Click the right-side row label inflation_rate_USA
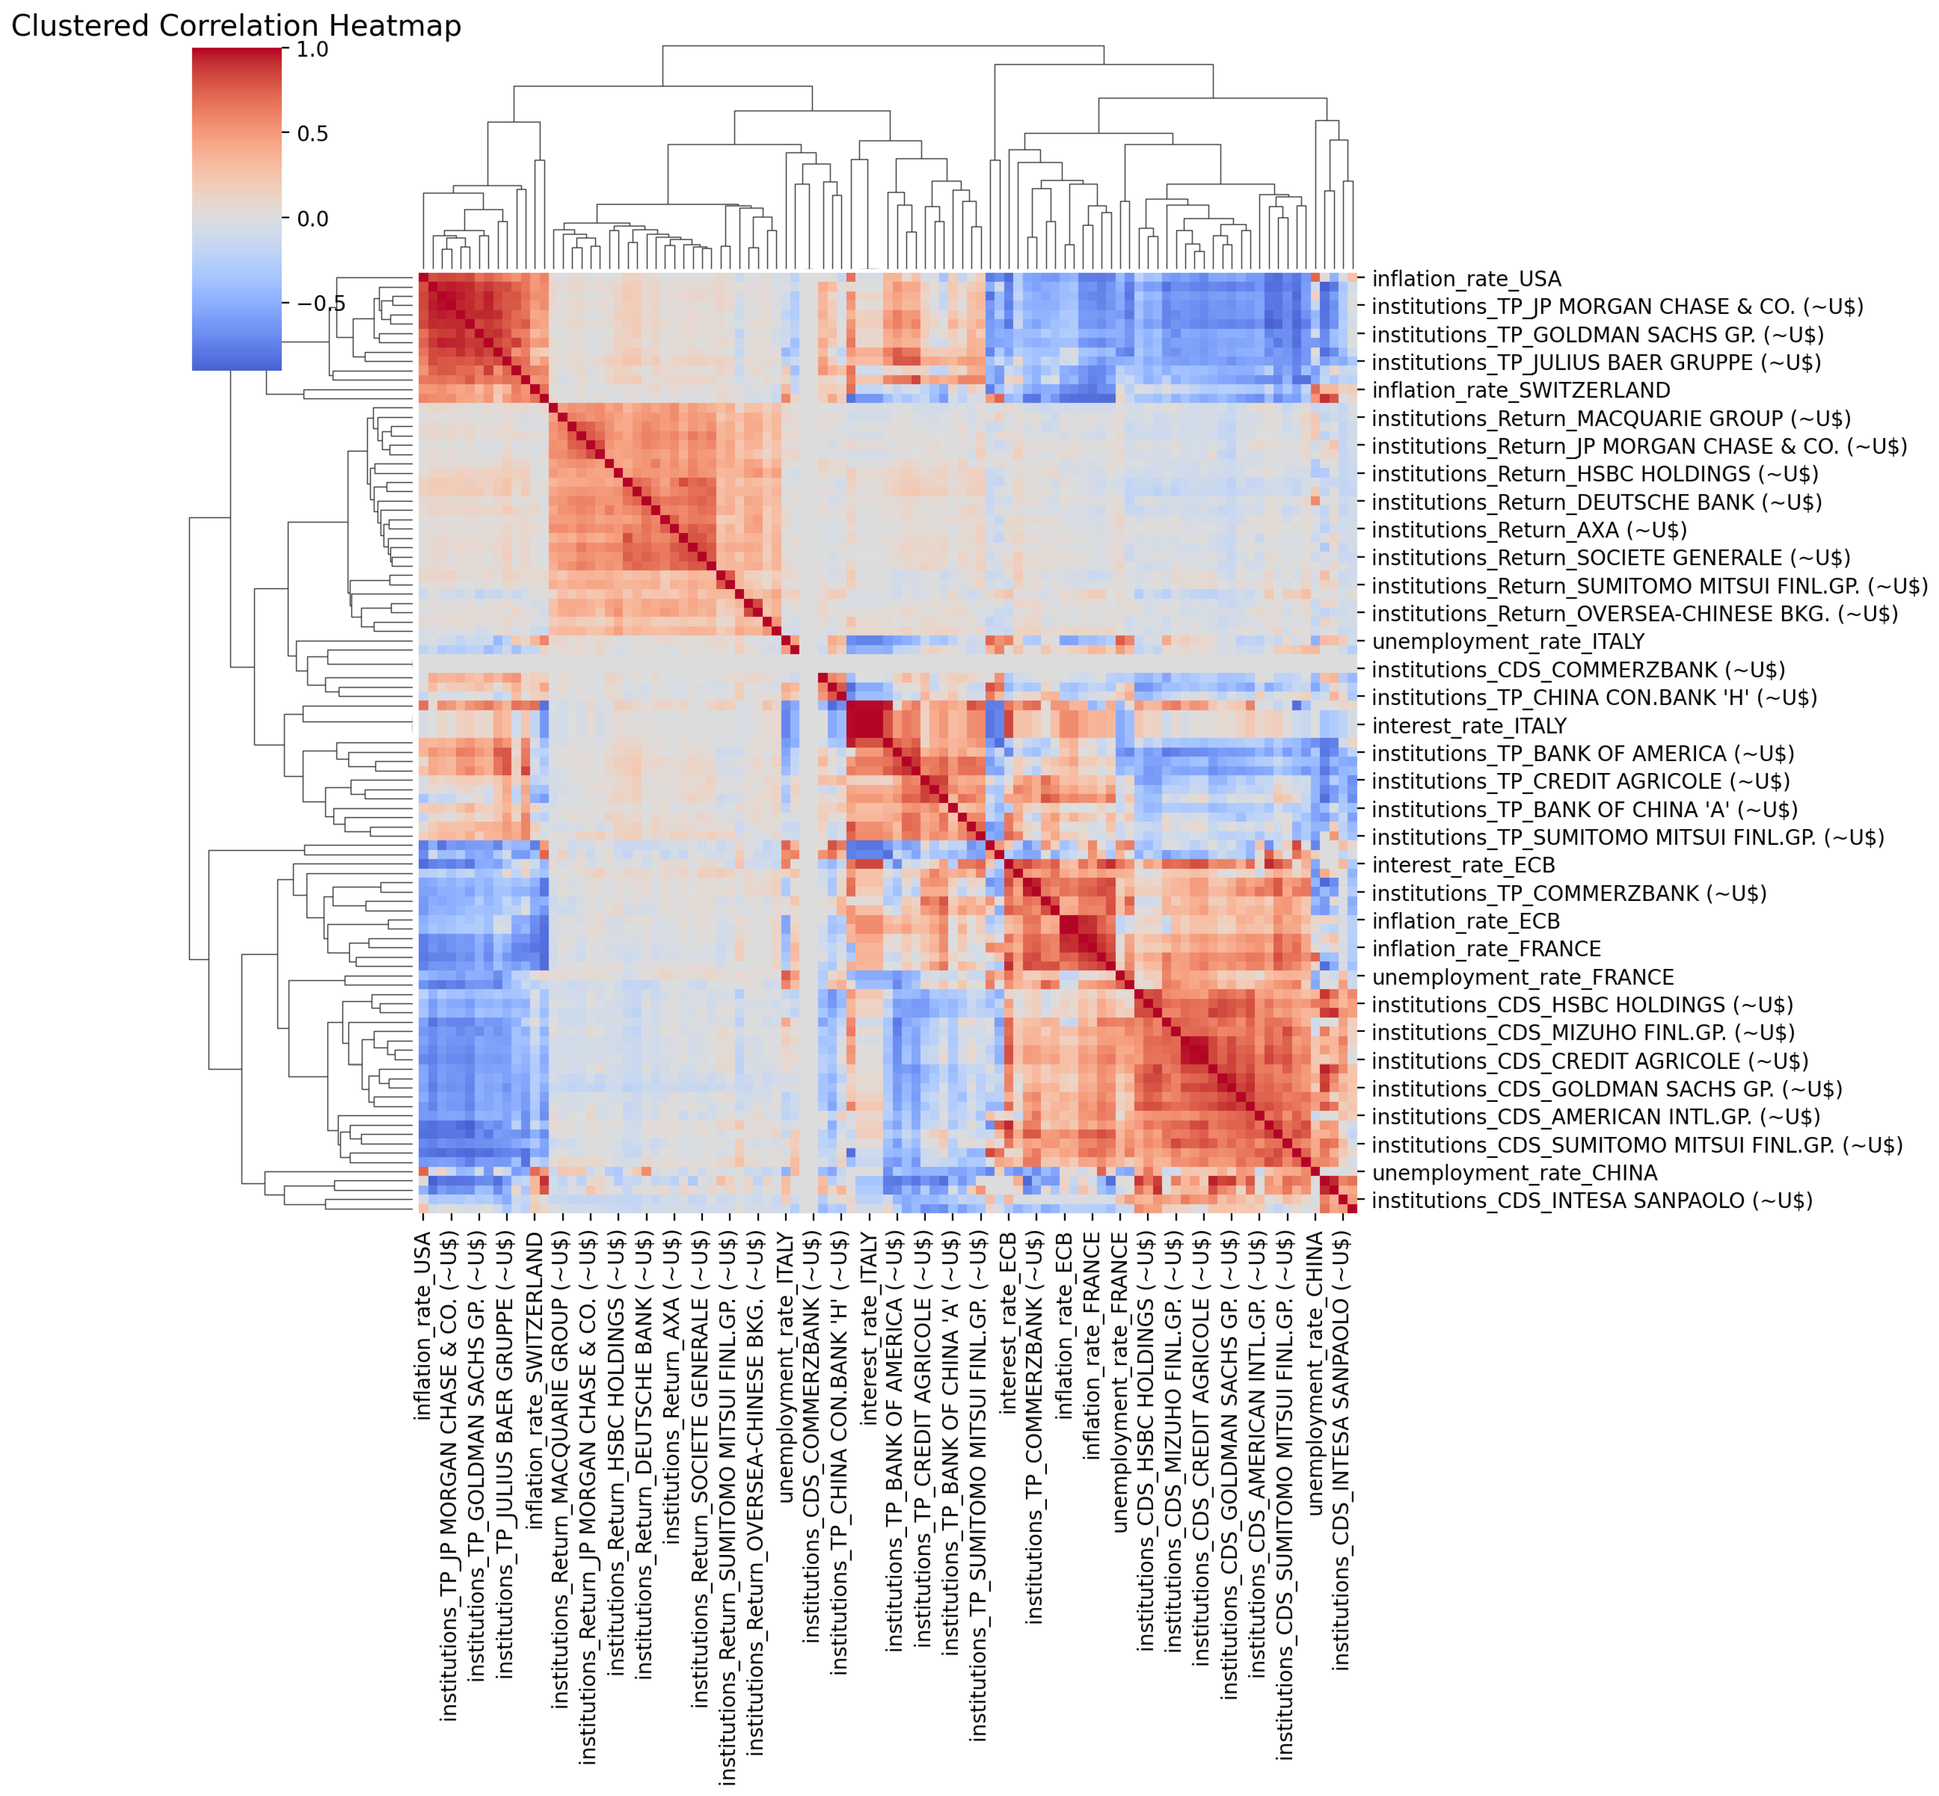pyautogui.click(x=1466, y=279)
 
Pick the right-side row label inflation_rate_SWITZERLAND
pyautogui.click(x=1520, y=391)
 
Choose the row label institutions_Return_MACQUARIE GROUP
pyautogui.click(x=1611, y=419)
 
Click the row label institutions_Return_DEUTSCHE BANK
pyautogui.click(x=1596, y=502)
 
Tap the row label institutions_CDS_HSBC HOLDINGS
pyautogui.click(x=1581, y=1005)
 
